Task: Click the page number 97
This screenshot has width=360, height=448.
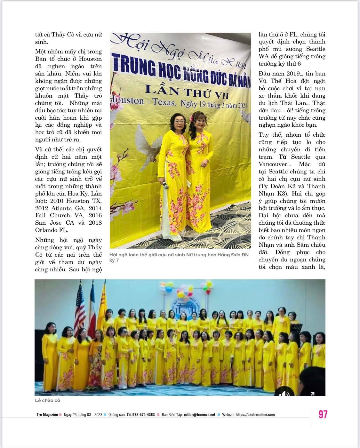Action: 323,414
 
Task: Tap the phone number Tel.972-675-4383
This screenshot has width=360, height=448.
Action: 140,414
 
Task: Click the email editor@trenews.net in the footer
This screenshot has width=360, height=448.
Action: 199,414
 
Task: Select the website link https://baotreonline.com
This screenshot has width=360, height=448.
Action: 255,414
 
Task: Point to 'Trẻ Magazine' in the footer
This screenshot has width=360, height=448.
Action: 47,414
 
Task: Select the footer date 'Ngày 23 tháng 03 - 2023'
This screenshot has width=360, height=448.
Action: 83,414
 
